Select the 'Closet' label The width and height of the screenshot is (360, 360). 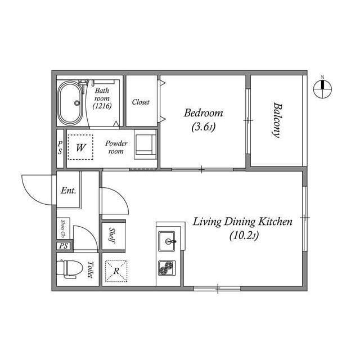[x=141, y=102]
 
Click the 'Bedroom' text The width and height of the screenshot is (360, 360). [x=203, y=113]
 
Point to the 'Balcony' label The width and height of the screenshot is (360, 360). [x=277, y=119]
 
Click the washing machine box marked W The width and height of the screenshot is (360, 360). [x=81, y=148]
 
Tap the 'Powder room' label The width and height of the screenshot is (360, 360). [x=116, y=147]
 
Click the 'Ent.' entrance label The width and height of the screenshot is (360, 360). [x=69, y=190]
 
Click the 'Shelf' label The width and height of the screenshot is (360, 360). [x=112, y=233]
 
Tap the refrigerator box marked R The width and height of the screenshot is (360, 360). [x=116, y=271]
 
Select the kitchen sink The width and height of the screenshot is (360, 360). [x=168, y=242]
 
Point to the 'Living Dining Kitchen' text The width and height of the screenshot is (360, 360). [x=242, y=222]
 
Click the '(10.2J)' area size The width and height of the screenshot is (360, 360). [x=244, y=236]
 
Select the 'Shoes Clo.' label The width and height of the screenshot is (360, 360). [x=63, y=228]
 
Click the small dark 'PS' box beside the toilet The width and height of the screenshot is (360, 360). [x=62, y=246]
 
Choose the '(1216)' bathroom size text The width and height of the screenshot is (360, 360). [x=102, y=106]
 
